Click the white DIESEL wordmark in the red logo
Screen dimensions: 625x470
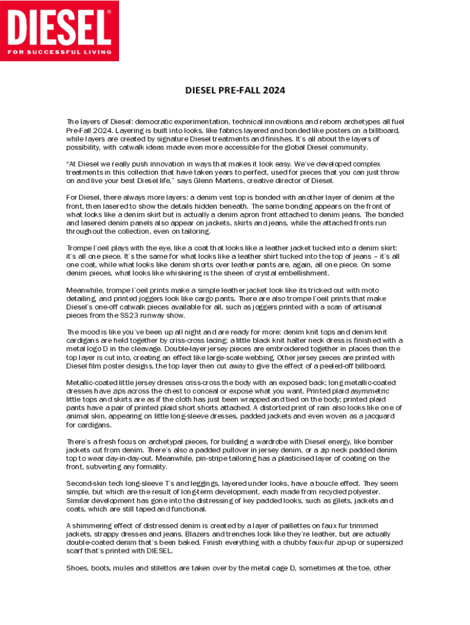coord(59,26)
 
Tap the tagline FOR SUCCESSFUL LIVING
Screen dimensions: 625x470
coord(59,52)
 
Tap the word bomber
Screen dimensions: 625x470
coord(378,441)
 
